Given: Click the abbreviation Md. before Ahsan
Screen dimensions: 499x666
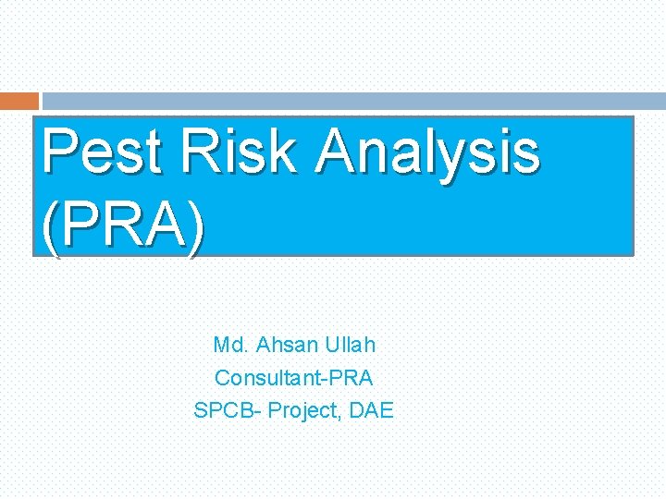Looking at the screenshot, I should (x=230, y=346).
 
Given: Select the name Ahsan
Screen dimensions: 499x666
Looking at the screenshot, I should (x=287, y=346).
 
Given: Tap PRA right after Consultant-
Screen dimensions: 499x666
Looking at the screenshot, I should (x=355, y=378).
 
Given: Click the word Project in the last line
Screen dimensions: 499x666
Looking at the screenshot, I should (x=304, y=410).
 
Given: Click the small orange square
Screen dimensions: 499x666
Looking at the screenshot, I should (x=19, y=101).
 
